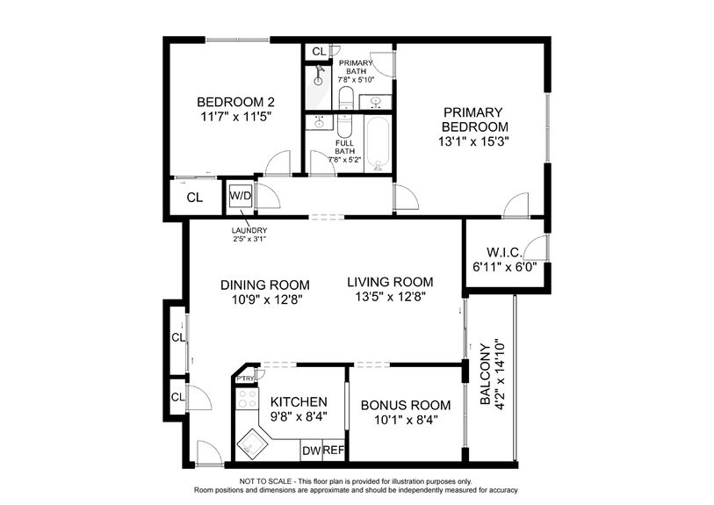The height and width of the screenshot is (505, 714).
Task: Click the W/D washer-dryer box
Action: coord(241,196)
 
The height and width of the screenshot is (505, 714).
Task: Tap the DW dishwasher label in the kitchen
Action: coord(311,451)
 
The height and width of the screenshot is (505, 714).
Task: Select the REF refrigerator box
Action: coord(333,451)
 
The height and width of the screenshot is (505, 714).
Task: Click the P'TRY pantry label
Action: coord(244,379)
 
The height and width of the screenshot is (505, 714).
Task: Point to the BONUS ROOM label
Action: coord(406,405)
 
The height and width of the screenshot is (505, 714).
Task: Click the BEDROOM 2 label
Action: coord(229,100)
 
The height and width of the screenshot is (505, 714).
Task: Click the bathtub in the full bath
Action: coord(379,144)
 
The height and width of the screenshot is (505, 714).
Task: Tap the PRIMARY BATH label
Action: coord(357,69)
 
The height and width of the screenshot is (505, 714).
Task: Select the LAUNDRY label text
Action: coord(249,231)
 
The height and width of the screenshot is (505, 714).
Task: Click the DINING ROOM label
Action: coord(264,285)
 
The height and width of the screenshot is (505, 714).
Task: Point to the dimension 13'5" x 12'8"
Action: coord(390,297)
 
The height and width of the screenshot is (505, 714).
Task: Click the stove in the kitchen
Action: coord(248,400)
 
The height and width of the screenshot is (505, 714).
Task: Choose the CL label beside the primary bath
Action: coord(318,52)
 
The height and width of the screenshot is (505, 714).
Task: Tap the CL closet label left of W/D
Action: coord(194,198)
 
